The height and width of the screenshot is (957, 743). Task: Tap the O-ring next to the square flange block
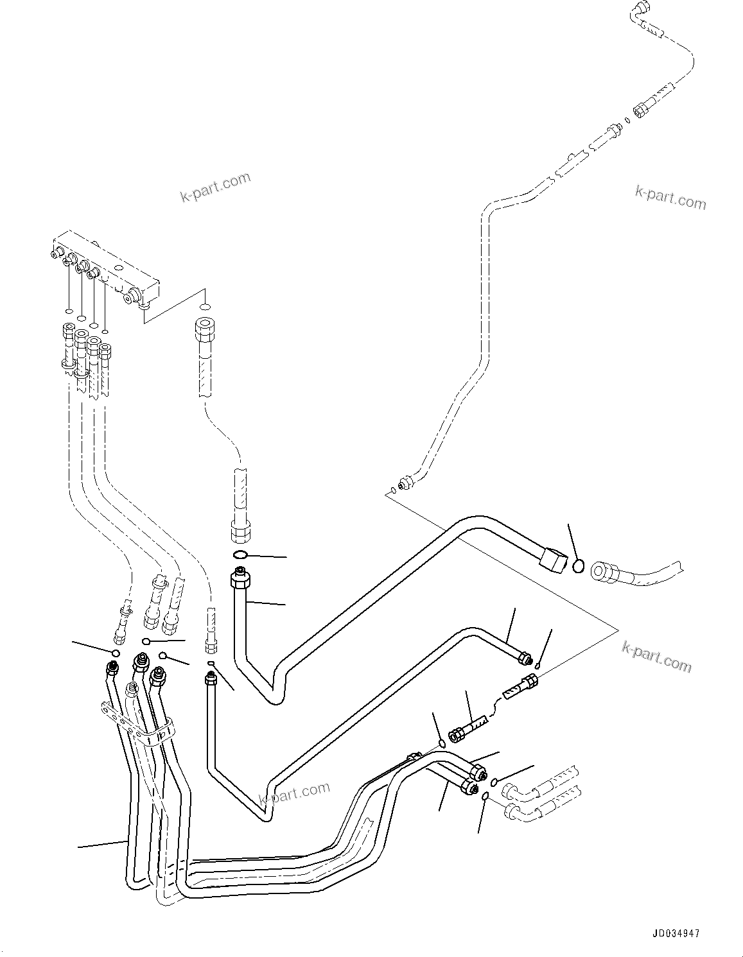click(x=579, y=566)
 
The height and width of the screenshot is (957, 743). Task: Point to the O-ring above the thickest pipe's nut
click(x=239, y=555)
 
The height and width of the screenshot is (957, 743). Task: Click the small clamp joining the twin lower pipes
click(x=412, y=759)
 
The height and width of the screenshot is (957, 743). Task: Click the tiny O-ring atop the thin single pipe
click(x=211, y=664)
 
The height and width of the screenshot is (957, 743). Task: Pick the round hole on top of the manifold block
click(x=119, y=265)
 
